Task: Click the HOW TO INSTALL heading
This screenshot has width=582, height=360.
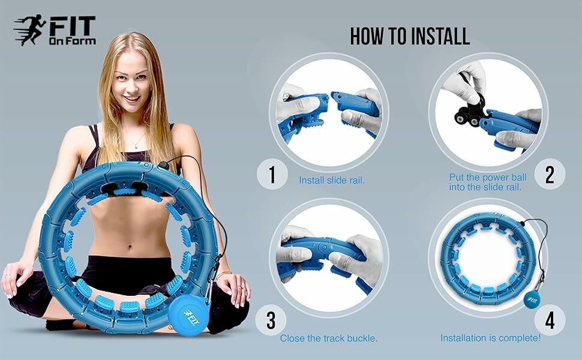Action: (410, 36)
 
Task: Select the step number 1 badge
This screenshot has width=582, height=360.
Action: (272, 175)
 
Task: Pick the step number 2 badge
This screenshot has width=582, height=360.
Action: (550, 175)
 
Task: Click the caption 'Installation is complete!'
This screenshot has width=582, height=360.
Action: (490, 338)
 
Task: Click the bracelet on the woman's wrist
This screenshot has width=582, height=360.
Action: (224, 275)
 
